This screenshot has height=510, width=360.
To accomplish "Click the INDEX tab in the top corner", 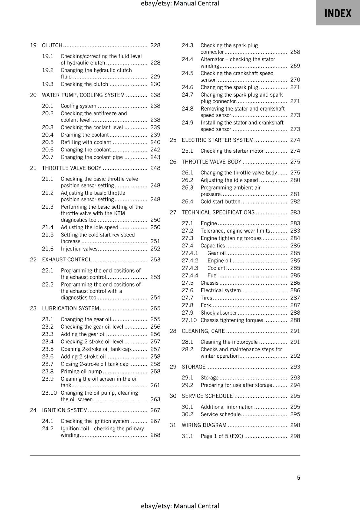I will [338, 13].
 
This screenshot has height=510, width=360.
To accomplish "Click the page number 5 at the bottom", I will [299, 477].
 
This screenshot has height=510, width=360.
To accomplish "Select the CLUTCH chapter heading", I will [52, 45].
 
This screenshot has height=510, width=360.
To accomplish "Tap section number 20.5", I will [48, 142].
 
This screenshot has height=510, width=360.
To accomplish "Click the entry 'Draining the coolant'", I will [85, 135].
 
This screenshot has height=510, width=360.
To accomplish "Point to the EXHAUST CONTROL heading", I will [67, 259].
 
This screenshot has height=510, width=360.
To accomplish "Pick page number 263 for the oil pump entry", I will [155, 399].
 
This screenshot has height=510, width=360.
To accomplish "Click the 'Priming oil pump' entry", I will [81, 371].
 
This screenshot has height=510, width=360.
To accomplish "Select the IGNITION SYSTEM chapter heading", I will [65, 410].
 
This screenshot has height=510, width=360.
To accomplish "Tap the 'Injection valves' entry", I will [79, 249].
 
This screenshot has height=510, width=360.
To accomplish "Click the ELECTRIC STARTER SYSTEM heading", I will [218, 140].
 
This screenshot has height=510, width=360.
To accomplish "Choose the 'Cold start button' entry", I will [220, 201].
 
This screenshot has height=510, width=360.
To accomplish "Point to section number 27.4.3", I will [190, 268].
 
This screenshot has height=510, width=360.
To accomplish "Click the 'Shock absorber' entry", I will [219, 313].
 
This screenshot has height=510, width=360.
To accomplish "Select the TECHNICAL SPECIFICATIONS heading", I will [218, 212].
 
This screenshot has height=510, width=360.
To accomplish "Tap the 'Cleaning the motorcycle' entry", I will [229, 342].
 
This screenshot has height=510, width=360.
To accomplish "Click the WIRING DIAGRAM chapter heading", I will [204, 425].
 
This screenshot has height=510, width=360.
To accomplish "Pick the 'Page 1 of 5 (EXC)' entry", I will [222, 436].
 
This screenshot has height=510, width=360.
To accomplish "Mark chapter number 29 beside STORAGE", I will [173, 367].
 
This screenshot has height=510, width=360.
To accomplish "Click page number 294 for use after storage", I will [295, 385].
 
